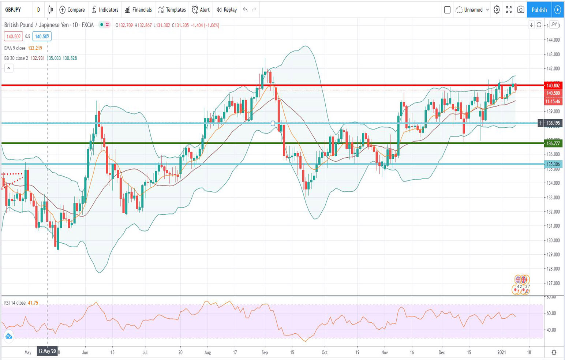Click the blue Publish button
click(x=539, y=10)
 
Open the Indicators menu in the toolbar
click(x=105, y=10)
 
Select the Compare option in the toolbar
click(x=72, y=10)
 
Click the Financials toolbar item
click(x=138, y=10)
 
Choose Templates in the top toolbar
click(x=172, y=10)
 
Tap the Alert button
click(x=201, y=10)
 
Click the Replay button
click(x=227, y=10)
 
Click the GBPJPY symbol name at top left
click(x=13, y=10)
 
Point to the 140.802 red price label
click(x=553, y=86)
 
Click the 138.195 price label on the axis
click(x=553, y=123)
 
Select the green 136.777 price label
click(x=553, y=143)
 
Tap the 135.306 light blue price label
click(x=553, y=164)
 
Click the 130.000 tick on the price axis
click(x=553, y=240)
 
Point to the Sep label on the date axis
click(x=265, y=353)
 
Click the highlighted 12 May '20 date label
click(x=47, y=352)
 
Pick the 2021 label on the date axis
click(x=501, y=353)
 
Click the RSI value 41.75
click(x=33, y=303)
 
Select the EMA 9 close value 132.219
click(x=35, y=48)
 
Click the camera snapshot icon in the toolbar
click(x=521, y=10)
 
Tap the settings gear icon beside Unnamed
click(x=497, y=10)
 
